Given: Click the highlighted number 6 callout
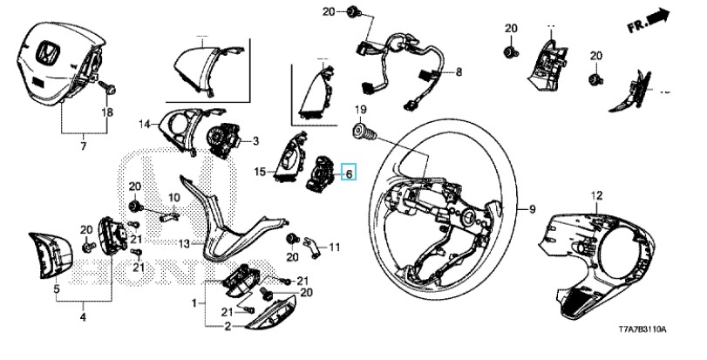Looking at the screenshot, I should [349, 173].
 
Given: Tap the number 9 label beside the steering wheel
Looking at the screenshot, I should [531, 209].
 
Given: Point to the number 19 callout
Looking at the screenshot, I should [359, 110].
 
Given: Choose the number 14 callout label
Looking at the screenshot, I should [144, 123].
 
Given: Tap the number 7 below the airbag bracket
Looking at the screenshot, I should [84, 145].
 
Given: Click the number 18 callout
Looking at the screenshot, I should [107, 113].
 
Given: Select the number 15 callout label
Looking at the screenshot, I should [260, 172].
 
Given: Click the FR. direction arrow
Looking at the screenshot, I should [649, 18].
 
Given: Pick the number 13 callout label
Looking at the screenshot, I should [184, 242].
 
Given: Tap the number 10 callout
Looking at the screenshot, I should [173, 197].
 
